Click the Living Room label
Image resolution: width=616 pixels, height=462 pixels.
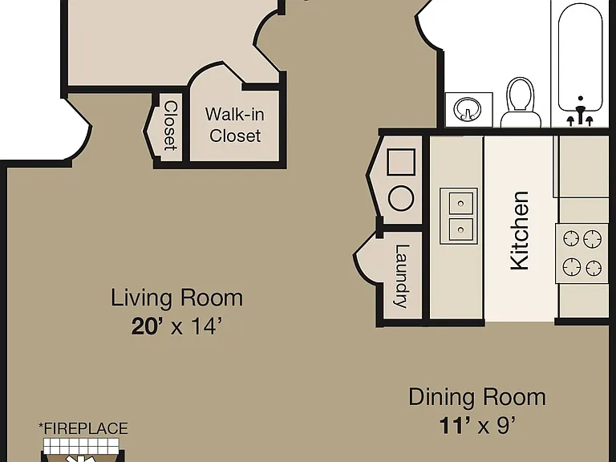point(176,298)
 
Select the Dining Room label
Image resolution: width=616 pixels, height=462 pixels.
point(477,397)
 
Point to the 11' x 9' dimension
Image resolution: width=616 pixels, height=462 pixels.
point(477,425)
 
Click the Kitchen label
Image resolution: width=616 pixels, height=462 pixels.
point(520,231)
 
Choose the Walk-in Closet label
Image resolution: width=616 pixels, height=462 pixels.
point(235,125)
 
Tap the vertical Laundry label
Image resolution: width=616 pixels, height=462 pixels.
point(402,276)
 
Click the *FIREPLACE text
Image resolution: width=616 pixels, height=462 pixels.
point(83,428)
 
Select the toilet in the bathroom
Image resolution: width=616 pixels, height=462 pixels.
point(521,102)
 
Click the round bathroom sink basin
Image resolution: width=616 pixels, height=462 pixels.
point(467,109)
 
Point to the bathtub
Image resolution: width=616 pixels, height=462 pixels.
point(580,58)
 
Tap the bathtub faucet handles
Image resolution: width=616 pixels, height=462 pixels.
point(580,115)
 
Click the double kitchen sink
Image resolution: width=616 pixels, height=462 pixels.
point(459,216)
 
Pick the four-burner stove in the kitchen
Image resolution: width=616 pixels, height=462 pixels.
point(582,253)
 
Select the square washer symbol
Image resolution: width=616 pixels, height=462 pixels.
point(401,162)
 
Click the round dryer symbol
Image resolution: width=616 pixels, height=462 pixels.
point(401,198)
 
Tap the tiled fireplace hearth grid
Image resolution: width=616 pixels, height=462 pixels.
point(81,446)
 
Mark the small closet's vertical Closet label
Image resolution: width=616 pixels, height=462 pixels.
point(171,126)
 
